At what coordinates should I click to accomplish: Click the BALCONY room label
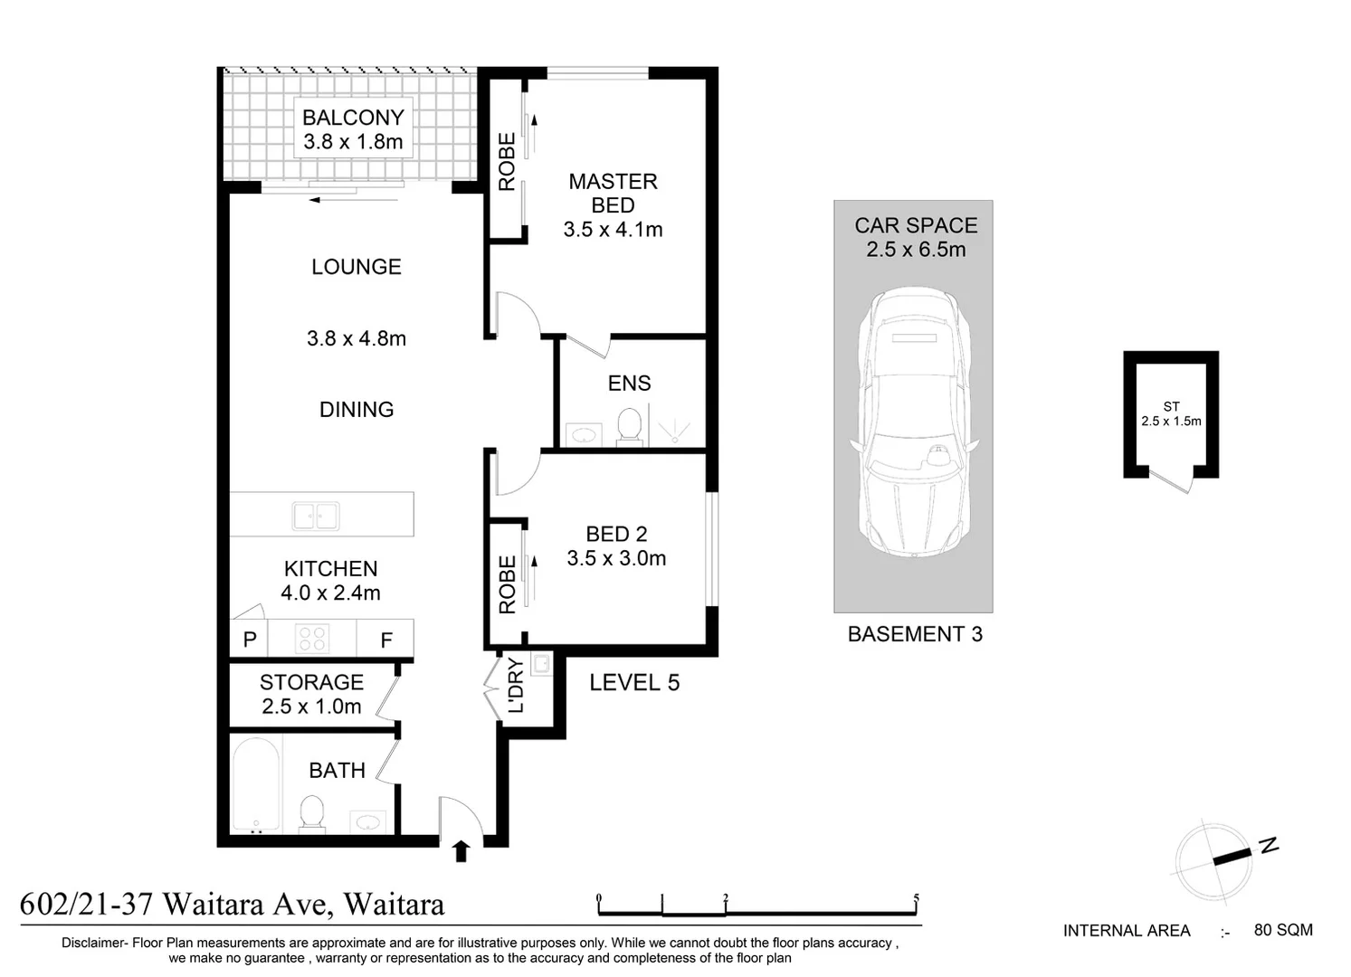[x=353, y=118]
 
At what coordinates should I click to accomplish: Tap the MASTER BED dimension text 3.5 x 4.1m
[x=613, y=230]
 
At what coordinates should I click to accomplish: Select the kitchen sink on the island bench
[x=315, y=517]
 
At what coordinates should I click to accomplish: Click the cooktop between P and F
[x=313, y=639]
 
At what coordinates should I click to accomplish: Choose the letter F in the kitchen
[x=386, y=640]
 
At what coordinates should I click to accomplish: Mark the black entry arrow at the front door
[x=461, y=850]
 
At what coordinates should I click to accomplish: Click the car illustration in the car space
[x=913, y=422]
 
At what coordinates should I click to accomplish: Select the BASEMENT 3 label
[x=915, y=634]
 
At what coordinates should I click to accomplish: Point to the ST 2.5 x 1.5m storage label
[x=1171, y=414]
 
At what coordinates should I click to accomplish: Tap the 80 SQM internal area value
[x=1282, y=930]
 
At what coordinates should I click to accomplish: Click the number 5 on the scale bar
[x=916, y=899]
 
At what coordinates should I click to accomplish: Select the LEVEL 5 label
[x=634, y=683]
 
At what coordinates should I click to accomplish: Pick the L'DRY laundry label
[x=515, y=686]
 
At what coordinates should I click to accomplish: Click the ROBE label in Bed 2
[x=507, y=584]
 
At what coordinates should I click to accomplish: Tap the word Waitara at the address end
[x=395, y=904]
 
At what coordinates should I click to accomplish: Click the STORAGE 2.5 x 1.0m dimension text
[x=311, y=707]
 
